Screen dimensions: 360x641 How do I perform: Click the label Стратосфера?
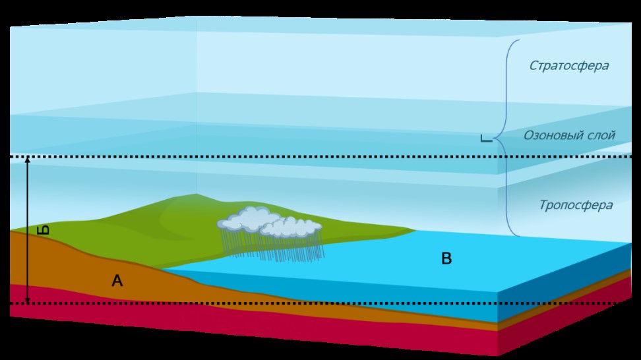568,66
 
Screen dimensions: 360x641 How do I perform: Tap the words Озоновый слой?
569,135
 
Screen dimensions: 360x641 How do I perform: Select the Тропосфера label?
575,205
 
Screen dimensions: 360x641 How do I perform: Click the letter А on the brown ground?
117,282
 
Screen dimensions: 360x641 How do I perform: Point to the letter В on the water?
446,258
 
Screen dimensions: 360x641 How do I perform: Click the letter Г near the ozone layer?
486,138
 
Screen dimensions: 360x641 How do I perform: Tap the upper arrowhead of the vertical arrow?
28,160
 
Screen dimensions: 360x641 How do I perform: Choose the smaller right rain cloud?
290,228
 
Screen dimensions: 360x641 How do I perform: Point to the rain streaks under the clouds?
277,247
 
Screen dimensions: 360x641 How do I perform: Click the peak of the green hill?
196,195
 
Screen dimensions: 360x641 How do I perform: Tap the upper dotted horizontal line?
330,157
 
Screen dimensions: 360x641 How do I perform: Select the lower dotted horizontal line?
330,303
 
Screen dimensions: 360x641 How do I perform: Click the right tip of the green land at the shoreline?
414,230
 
